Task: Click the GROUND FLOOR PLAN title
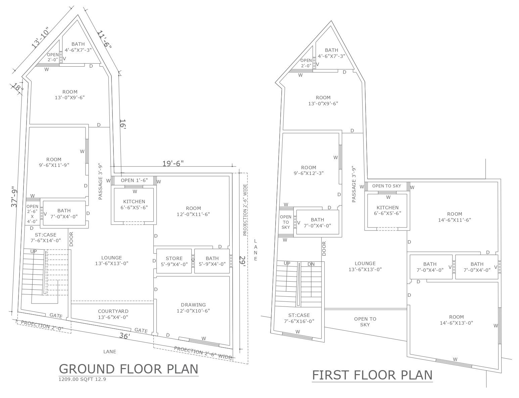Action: pyautogui.click(x=128, y=369)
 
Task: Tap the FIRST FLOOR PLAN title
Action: pyautogui.click(x=372, y=375)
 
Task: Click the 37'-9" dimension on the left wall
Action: pyautogui.click(x=14, y=196)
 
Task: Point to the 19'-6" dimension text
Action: pyautogui.click(x=173, y=164)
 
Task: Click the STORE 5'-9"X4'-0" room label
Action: pyautogui.click(x=174, y=261)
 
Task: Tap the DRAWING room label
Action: pyautogui.click(x=193, y=308)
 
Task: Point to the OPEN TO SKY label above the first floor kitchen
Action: pyautogui.click(x=387, y=186)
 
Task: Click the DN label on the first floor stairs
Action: pyautogui.click(x=311, y=264)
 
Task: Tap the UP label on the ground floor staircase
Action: pyautogui.click(x=34, y=251)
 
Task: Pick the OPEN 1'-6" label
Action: pyautogui.click(x=134, y=180)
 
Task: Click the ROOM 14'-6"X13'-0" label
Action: pyautogui.click(x=456, y=320)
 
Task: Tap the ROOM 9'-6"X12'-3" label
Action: pyautogui.click(x=309, y=170)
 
